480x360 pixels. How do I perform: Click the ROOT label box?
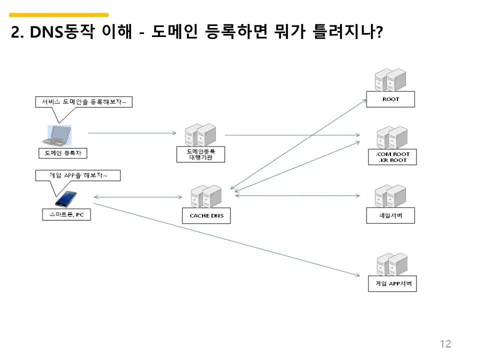coord(390,99)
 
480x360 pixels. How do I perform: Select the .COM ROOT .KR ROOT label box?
coord(390,157)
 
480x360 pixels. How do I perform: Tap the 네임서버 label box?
coord(390,216)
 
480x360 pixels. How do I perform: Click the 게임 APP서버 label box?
coord(392,283)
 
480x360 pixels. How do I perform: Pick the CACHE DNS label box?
coord(206,216)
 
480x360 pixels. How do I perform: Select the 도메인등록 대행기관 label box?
coord(201,154)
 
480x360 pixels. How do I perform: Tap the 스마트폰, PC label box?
coord(66,215)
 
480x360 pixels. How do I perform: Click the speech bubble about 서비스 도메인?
coord(84,102)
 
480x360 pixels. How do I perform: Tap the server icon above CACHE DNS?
coord(206,197)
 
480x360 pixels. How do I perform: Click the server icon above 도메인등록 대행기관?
coord(200,135)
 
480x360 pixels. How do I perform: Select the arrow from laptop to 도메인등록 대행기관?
coord(132,133)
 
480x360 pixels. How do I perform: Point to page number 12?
coord(445,343)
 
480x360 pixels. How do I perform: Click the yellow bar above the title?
coord(59,15)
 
